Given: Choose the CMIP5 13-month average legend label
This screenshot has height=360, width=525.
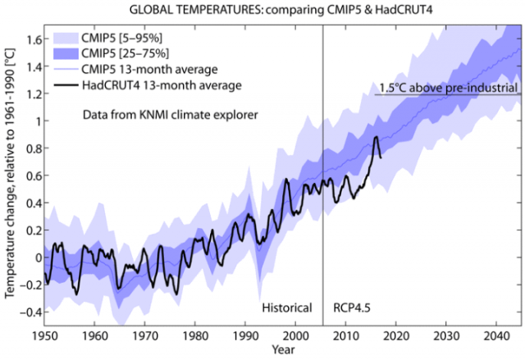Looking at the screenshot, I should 150,68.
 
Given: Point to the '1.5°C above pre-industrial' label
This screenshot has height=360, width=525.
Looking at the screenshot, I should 448,87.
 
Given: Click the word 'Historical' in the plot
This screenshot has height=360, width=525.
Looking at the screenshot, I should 287,308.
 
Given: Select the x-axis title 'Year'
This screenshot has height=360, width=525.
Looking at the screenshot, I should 280,350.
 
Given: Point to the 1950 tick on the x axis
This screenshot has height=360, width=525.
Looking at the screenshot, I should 45,335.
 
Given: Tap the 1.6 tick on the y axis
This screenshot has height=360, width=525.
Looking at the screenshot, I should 33,39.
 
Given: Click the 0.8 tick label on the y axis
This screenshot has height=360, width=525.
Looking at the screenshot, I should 33,148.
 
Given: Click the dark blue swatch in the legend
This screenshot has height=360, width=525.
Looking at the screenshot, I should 69,52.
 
